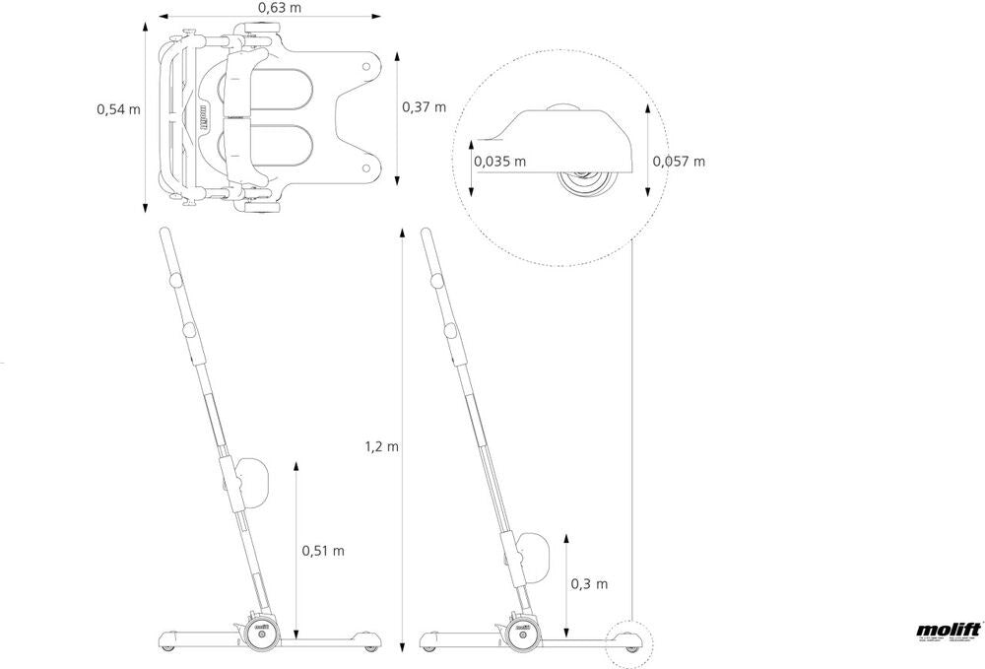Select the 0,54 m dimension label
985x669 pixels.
click(118, 109)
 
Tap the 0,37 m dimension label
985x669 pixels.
click(424, 106)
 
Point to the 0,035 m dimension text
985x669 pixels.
click(499, 161)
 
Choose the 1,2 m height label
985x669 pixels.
click(381, 446)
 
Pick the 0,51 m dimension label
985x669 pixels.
click(323, 550)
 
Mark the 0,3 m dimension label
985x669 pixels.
click(589, 583)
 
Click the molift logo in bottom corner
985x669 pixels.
click(944, 632)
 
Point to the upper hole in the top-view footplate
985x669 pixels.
click(366, 67)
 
